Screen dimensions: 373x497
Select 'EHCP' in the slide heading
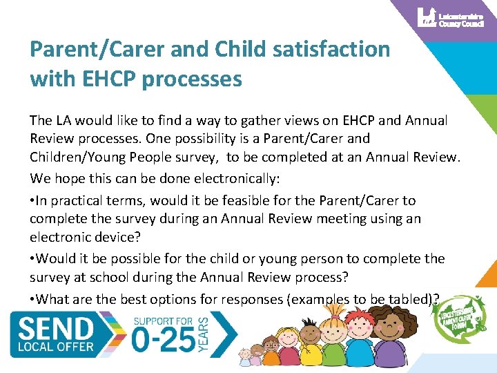pos(109,79)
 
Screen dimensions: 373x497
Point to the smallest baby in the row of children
pos(244,356)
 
